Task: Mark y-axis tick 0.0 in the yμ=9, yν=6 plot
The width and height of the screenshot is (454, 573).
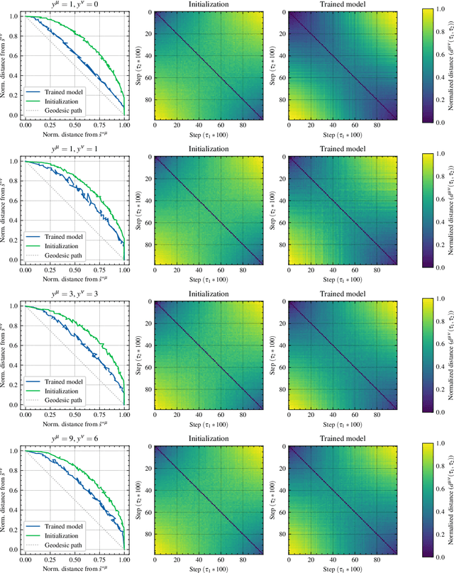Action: (x=15, y=549)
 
